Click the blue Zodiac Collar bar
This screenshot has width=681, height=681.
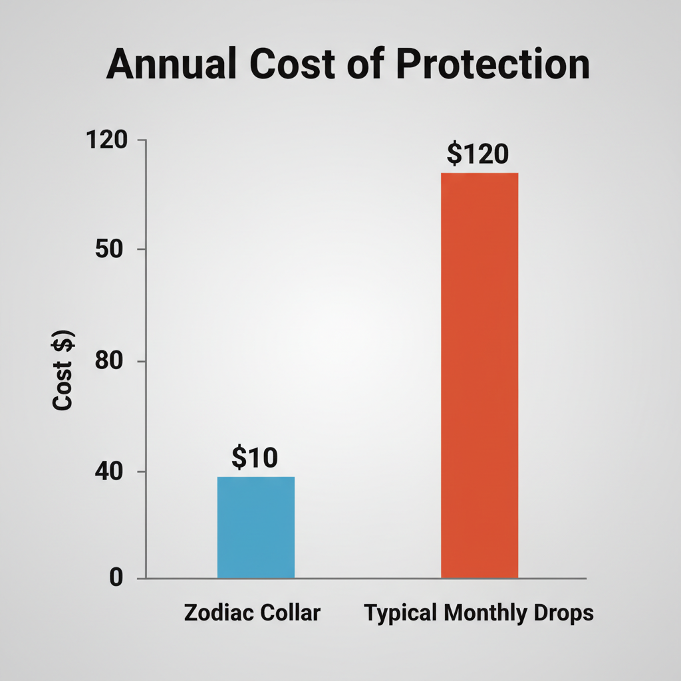pyautogui.click(x=256, y=527)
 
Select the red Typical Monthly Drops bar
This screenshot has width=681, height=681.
pyautogui.click(x=479, y=375)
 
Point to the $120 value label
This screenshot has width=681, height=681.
pyautogui.click(x=477, y=154)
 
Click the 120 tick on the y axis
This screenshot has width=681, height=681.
pyautogui.click(x=107, y=140)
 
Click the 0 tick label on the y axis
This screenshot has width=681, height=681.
pyautogui.click(x=117, y=577)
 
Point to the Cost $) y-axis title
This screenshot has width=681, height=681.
pyautogui.click(x=64, y=370)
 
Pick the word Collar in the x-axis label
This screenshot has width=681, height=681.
pyautogui.click(x=289, y=613)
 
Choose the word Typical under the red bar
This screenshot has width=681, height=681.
pyautogui.click(x=401, y=613)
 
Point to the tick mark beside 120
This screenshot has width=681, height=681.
pyautogui.click(x=142, y=140)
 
